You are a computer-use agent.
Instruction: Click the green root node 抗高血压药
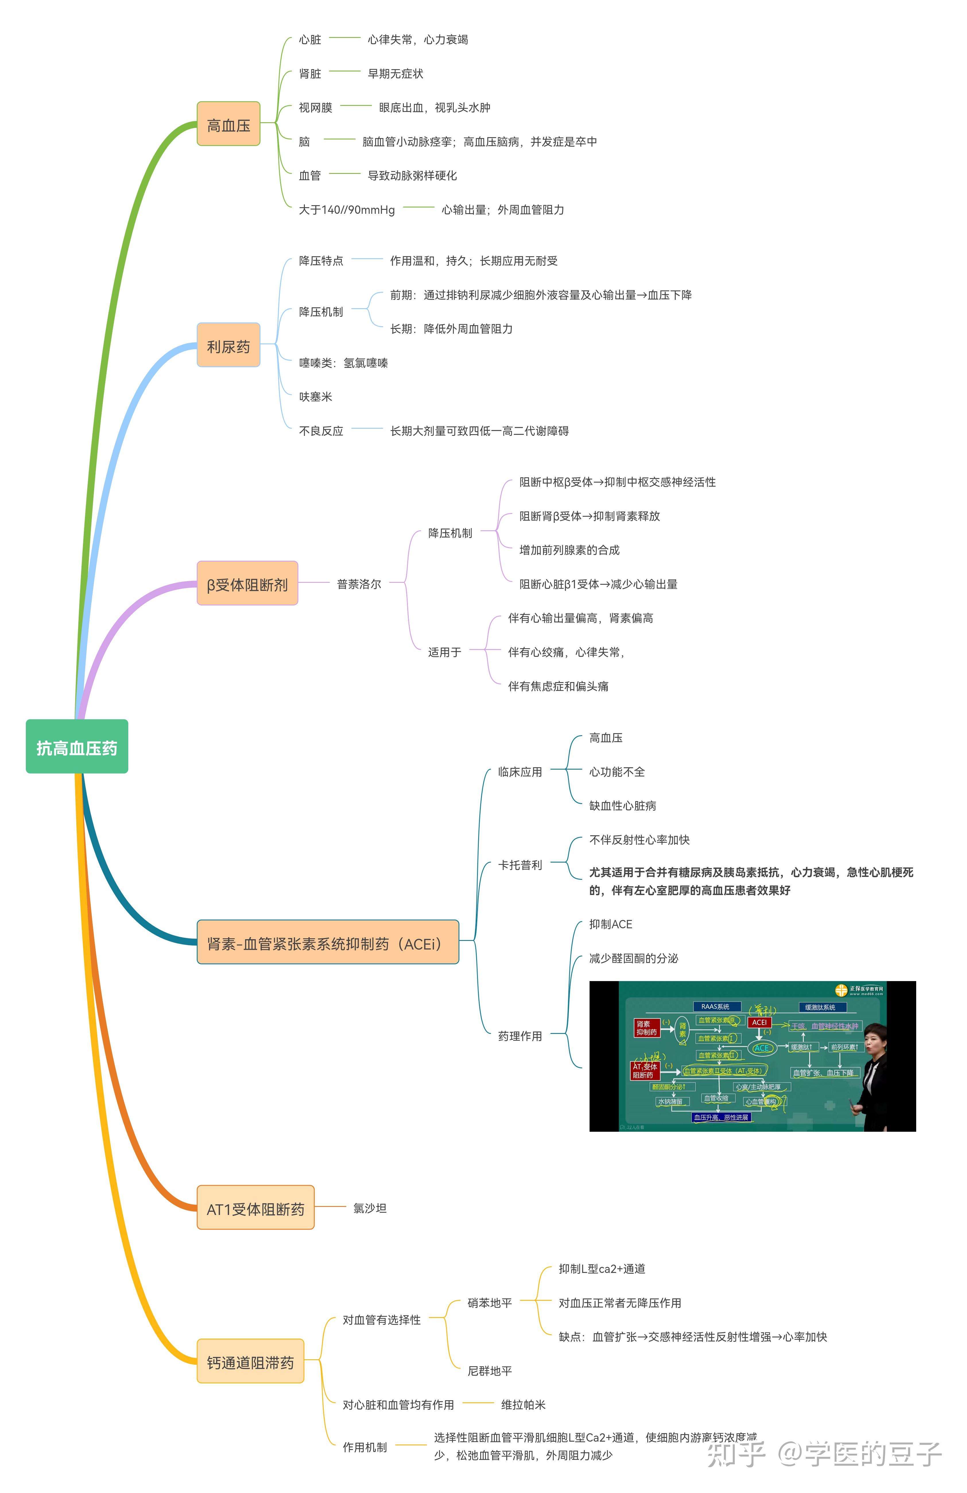point(77,747)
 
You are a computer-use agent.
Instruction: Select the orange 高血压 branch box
point(228,124)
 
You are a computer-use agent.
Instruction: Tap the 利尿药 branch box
point(228,346)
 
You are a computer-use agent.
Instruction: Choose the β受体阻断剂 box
point(247,583)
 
